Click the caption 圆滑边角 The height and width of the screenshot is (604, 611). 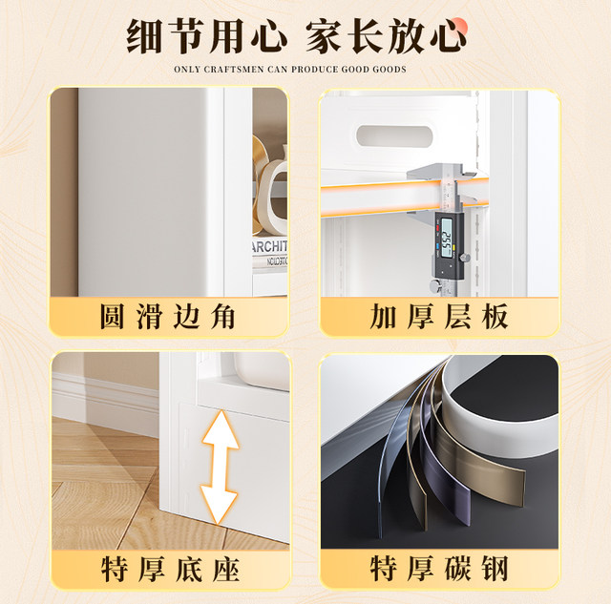pyautogui.click(x=168, y=316)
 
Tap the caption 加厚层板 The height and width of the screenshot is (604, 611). pyautogui.click(x=439, y=316)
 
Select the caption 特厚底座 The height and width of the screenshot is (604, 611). pyautogui.click(x=170, y=570)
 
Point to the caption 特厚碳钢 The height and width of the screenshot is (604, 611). pyautogui.click(x=439, y=569)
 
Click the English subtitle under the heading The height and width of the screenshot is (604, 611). pyautogui.click(x=290, y=70)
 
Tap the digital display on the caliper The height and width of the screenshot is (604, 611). pyautogui.click(x=447, y=238)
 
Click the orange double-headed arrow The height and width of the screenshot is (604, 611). pyautogui.click(x=219, y=468)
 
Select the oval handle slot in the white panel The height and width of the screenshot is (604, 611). pyautogui.click(x=394, y=136)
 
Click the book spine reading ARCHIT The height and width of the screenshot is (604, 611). pyautogui.click(x=269, y=246)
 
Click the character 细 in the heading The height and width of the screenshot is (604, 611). pyautogui.click(x=144, y=36)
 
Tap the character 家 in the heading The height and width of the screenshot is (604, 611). pyautogui.click(x=324, y=36)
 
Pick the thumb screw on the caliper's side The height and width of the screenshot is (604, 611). pyautogui.click(x=465, y=258)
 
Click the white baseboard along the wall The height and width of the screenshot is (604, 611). pyautogui.click(x=105, y=405)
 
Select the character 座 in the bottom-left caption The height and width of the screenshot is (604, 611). pyautogui.click(x=226, y=570)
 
